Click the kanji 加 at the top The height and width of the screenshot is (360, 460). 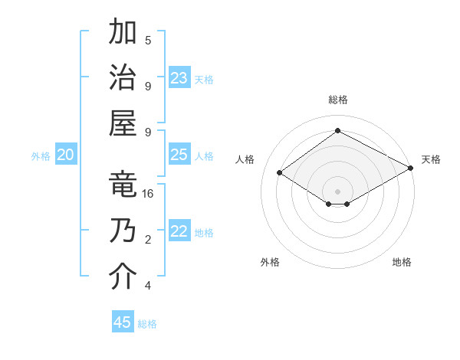tap(122, 33)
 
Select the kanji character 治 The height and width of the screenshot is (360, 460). tap(122, 78)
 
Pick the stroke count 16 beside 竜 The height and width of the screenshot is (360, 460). tap(148, 195)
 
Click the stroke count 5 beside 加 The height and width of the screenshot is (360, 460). tap(148, 41)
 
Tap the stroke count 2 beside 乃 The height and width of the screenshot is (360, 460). tap(148, 241)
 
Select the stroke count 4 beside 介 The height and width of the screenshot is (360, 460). tap(148, 286)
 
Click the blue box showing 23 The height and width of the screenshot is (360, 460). tap(179, 78)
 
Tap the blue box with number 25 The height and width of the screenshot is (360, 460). tap(179, 155)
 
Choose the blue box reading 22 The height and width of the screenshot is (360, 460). tap(179, 232)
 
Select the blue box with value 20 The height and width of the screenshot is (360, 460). tap(66, 155)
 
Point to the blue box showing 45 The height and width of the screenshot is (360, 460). tap(123, 322)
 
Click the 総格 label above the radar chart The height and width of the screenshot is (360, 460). tap(338, 100)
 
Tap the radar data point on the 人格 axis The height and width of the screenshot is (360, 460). tap(280, 173)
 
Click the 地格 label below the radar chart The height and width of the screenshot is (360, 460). tap(402, 262)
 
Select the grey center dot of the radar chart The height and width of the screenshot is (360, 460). tap(337, 191)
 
